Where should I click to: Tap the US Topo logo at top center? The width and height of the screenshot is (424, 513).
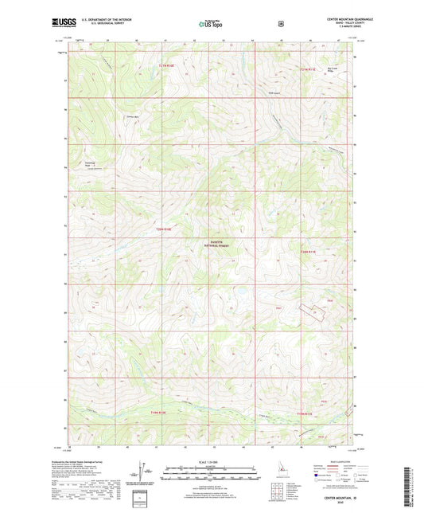pyautogui.click(x=211, y=25)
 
